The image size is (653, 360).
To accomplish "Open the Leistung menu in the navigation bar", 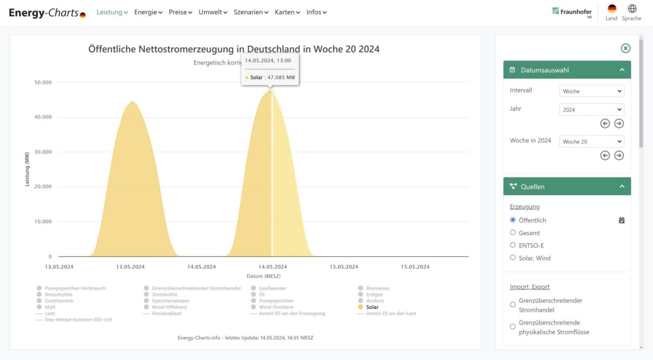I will [x=112, y=12].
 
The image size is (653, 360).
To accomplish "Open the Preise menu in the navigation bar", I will [x=180, y=12].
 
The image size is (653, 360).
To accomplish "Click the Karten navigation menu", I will [x=287, y=12].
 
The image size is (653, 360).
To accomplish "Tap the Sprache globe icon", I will [x=632, y=9].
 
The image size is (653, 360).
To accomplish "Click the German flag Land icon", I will [x=612, y=9].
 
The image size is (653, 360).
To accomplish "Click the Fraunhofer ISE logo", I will [x=572, y=12].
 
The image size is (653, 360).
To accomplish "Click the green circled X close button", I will [x=626, y=48].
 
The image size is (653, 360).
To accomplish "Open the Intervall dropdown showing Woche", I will [x=592, y=91].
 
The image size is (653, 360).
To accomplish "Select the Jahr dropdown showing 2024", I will [x=592, y=109].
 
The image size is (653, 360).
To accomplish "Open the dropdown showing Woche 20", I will [x=592, y=141].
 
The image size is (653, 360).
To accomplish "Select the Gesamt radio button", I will [x=513, y=233].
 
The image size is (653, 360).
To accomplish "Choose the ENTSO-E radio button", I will [x=513, y=245].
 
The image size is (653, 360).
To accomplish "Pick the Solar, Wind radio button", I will [x=513, y=258].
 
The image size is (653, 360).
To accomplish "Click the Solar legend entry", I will [x=372, y=307].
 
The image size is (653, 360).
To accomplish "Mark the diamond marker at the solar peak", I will [x=269, y=92].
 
